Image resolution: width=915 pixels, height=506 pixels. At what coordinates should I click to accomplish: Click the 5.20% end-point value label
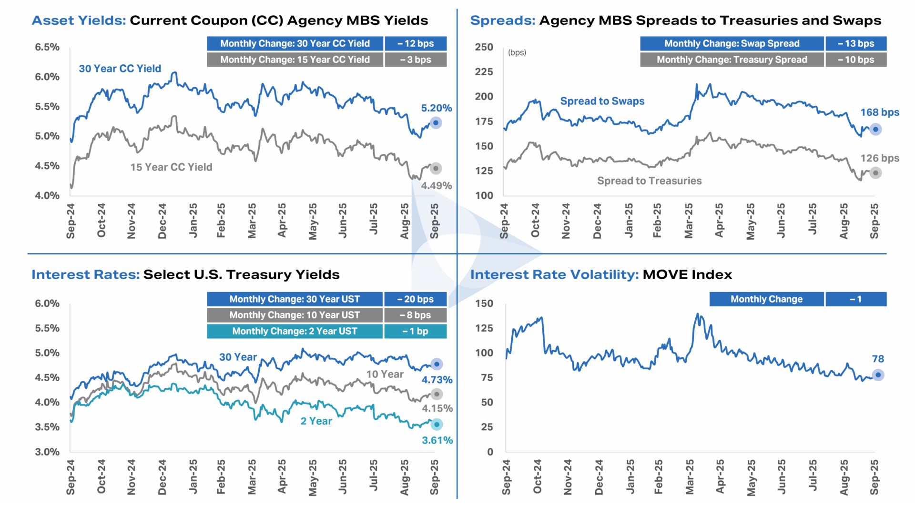pos(436,108)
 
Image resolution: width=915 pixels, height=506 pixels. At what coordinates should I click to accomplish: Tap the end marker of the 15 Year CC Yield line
pos(436,168)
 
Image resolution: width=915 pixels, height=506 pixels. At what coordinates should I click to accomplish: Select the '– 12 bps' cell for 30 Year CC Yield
pos(416,43)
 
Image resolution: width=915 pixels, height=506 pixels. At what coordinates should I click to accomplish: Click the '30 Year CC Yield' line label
pos(120,69)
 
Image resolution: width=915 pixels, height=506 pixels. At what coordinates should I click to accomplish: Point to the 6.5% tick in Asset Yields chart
pos(47,47)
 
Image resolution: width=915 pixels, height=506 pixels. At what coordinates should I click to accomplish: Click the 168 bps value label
pos(879,112)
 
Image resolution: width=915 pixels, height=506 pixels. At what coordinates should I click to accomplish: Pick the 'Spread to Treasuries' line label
pos(649,181)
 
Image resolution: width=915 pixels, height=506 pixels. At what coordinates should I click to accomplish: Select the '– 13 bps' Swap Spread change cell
pos(856,43)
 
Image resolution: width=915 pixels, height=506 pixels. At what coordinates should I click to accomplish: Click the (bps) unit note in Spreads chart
pos(517,52)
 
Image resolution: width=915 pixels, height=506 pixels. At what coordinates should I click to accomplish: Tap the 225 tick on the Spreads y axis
pos(484,72)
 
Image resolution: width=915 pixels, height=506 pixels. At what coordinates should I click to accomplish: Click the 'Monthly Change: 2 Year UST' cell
pos(295,331)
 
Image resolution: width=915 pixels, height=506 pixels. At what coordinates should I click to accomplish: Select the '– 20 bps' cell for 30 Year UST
pos(416,299)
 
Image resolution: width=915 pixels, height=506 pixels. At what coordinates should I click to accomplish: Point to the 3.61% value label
pos(437,440)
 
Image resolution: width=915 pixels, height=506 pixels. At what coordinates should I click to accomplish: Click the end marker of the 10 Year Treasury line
pos(437,394)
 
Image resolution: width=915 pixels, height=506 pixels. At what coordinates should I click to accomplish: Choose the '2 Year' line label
pos(316,421)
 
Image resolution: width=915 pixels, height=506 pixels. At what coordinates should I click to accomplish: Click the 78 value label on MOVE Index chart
pos(878,359)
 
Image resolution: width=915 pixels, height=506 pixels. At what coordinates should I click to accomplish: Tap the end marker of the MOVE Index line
pos(878,375)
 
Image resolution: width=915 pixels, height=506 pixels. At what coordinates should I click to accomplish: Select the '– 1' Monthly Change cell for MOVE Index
pos(856,299)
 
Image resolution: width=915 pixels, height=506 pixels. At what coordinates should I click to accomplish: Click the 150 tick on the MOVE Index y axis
pos(484,304)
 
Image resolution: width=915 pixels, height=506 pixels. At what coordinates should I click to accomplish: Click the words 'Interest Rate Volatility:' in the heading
pos(554,274)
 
